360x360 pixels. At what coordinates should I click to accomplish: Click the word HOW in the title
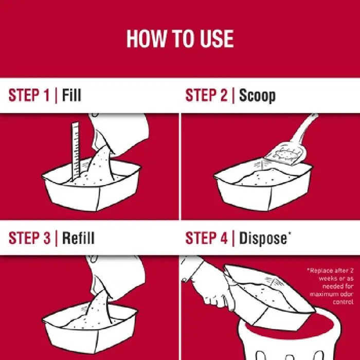(x=146, y=39)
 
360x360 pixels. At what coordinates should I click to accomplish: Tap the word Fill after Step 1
(x=71, y=95)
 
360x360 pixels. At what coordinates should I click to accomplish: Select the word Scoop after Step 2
(x=257, y=96)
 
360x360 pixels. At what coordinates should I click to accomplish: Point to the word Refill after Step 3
(x=78, y=238)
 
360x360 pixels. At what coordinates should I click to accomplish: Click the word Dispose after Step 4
(x=263, y=239)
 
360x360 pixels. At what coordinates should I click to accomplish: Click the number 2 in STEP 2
(x=223, y=95)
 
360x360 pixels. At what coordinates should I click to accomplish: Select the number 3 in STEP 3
(x=46, y=238)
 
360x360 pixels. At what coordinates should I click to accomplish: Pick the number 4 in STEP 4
(x=223, y=238)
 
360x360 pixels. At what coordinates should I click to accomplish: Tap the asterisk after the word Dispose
(x=289, y=234)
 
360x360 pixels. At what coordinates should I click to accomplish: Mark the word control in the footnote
(x=343, y=302)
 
